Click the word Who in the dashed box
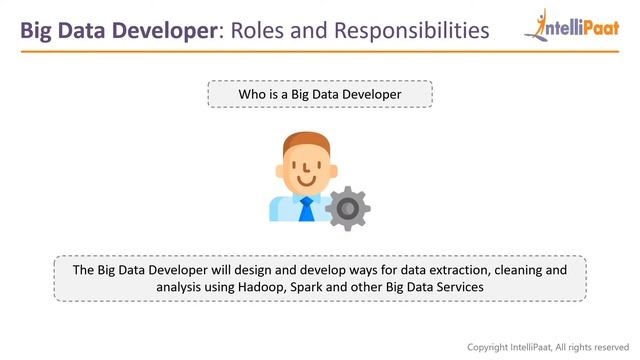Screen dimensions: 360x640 tap(252, 95)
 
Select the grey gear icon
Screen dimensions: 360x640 tap(348, 208)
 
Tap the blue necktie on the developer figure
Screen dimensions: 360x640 tap(306, 209)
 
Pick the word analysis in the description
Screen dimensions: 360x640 tap(178, 287)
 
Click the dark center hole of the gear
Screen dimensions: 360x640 tap(348, 209)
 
